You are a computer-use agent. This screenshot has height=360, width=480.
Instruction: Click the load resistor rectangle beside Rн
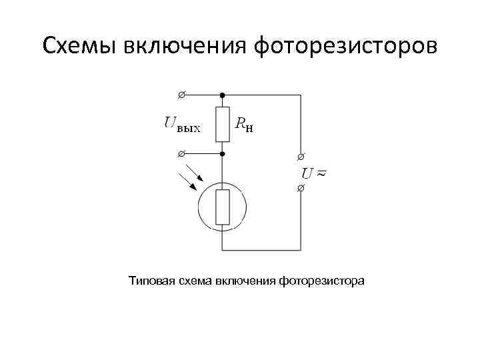pos(223,124)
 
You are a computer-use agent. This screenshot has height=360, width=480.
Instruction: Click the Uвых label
pos(181,124)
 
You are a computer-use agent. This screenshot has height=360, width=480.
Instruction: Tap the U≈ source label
pos(315,173)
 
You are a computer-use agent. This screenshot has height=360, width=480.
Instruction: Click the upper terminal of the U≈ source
pos(300,157)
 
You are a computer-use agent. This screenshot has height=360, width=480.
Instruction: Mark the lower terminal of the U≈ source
pos(300,189)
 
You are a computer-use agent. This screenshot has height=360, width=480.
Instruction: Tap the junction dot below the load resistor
pos(223,154)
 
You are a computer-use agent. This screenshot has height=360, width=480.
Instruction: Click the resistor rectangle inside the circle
pos(223,207)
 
